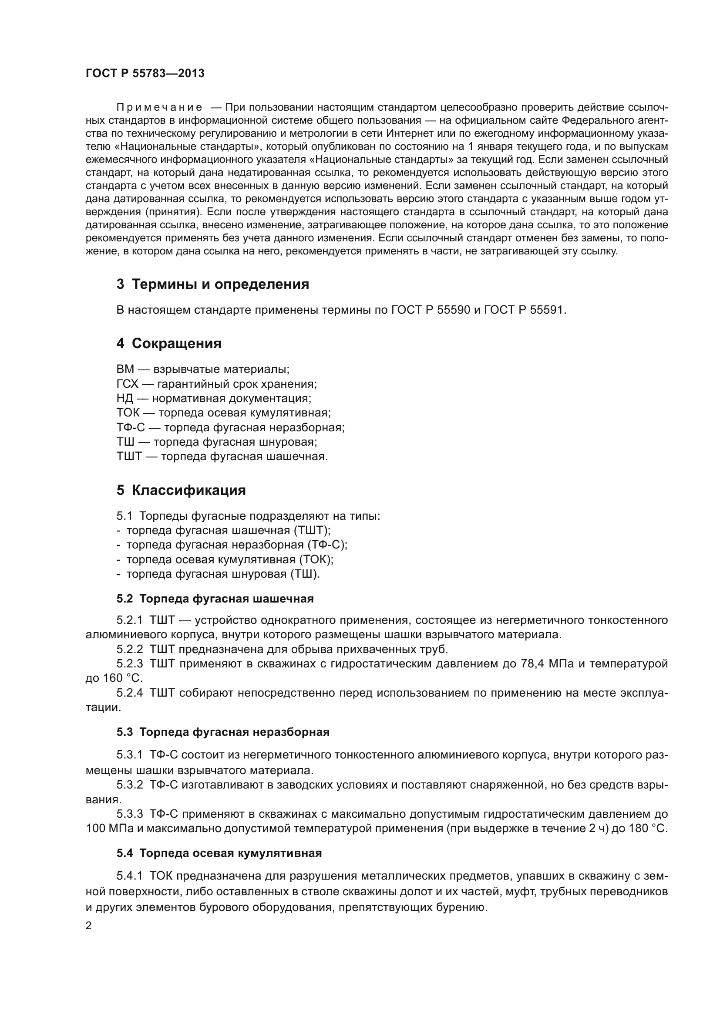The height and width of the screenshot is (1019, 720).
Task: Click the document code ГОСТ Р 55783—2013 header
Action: click(x=145, y=74)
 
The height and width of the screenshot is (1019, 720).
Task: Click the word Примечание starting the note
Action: click(x=159, y=108)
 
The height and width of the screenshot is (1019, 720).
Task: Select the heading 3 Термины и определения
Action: click(x=213, y=284)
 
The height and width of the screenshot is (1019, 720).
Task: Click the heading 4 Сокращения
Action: click(x=169, y=343)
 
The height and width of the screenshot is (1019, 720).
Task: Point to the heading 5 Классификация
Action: click(x=181, y=491)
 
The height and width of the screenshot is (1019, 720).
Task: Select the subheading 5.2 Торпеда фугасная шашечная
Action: click(x=215, y=599)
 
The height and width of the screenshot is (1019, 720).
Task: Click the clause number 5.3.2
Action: click(x=129, y=785)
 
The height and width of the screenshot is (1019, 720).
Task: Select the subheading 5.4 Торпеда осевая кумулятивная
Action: click(x=219, y=853)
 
